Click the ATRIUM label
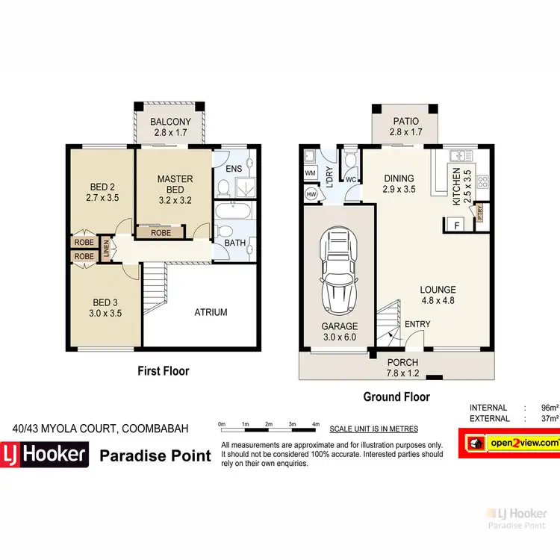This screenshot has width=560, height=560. (x=211, y=312)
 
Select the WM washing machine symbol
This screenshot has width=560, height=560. (x=310, y=173)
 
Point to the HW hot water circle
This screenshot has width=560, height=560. (x=311, y=193)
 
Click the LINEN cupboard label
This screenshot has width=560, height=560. (x=106, y=249)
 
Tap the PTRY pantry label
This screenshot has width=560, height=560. (x=479, y=213)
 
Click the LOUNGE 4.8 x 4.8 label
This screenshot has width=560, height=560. (x=438, y=295)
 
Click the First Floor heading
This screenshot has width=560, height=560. (x=164, y=371)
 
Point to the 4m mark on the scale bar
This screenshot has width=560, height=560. (x=316, y=424)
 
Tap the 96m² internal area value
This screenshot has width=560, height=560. (x=550, y=408)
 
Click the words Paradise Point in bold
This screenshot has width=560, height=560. (x=156, y=454)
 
